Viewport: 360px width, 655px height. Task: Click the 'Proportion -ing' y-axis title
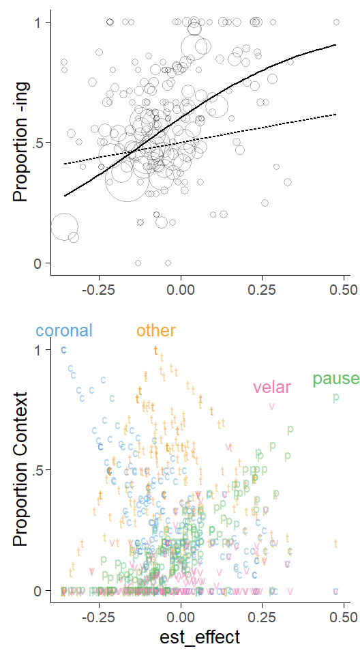click(x=20, y=142)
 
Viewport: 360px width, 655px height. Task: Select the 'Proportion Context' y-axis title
click(x=20, y=469)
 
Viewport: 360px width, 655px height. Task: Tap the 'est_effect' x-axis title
click(x=200, y=637)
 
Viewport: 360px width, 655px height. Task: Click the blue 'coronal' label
click(x=64, y=330)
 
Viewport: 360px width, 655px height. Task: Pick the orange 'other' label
click(x=156, y=330)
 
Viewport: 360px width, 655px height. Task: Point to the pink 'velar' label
click(x=271, y=388)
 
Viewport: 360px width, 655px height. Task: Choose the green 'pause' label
click(x=335, y=379)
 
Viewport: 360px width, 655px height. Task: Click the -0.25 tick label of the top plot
click(x=99, y=289)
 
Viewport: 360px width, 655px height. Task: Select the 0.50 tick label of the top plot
click(x=343, y=289)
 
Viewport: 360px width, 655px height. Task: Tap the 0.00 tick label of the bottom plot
click(x=181, y=617)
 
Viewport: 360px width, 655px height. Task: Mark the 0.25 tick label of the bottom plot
click(x=262, y=617)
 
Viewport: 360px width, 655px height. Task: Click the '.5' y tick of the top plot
click(x=39, y=143)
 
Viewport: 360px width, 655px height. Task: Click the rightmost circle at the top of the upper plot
click(x=336, y=22)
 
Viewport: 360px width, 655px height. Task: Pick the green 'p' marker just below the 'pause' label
click(x=335, y=397)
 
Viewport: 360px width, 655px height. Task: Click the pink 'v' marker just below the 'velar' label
click(x=272, y=405)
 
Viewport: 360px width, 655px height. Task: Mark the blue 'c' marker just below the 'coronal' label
click(x=63, y=349)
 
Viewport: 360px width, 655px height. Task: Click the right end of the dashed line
click(x=336, y=114)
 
